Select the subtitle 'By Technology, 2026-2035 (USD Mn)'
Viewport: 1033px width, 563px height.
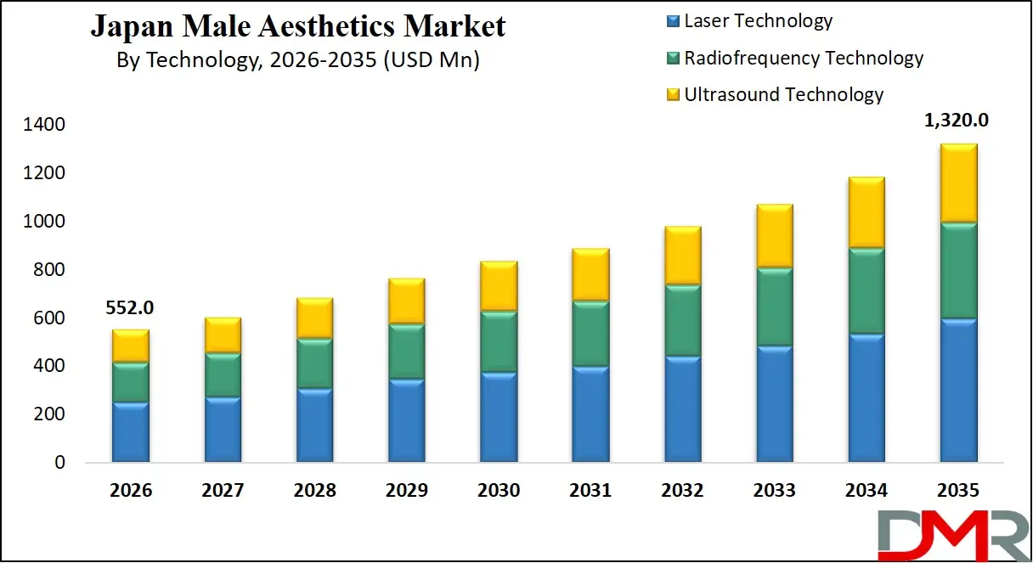297,61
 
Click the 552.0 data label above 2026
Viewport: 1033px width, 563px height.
130,307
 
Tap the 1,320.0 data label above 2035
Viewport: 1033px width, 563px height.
957,121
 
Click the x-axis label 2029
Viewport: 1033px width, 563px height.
406,491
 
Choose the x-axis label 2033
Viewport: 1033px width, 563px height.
774,491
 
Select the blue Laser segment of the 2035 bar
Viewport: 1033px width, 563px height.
957,391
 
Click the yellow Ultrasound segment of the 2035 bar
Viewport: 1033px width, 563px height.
957,183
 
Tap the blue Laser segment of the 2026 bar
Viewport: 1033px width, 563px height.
130,432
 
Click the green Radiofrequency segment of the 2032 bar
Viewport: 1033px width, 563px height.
682,321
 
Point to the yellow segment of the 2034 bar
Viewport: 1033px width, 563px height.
866,212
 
